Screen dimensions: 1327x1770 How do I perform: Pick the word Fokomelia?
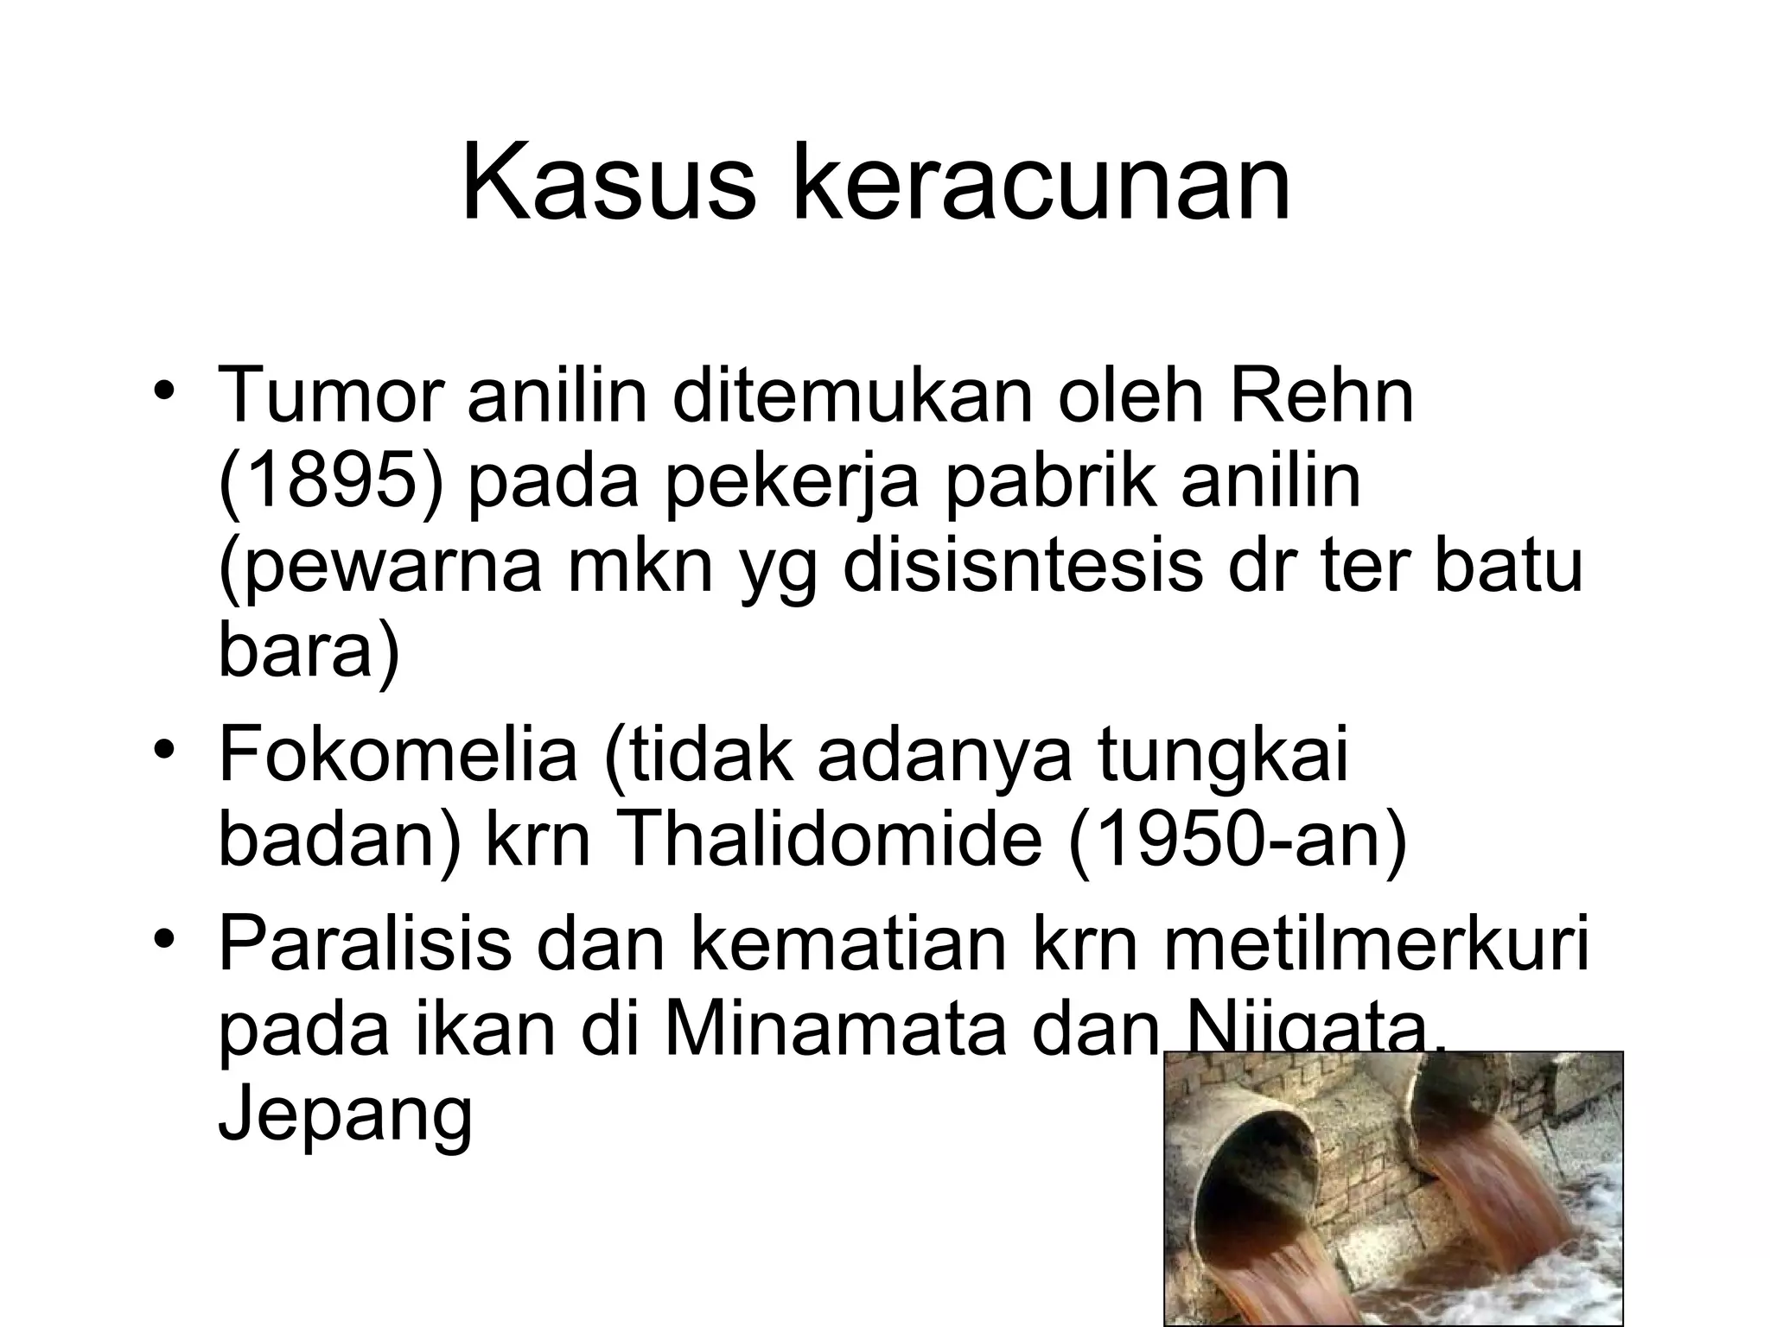[x=398, y=754]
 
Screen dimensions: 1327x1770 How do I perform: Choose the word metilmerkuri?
[x=1376, y=943]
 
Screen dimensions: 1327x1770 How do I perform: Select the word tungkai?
[x=1222, y=754]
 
